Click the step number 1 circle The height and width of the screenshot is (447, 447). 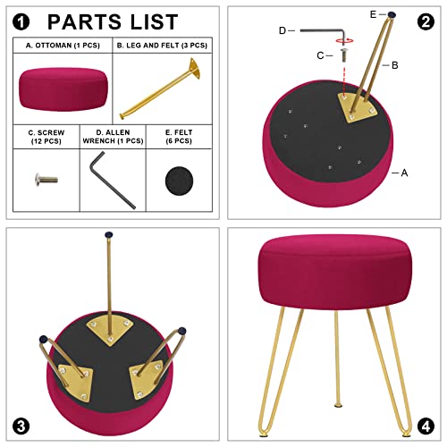coord(21,22)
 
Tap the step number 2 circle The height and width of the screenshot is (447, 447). coord(426,22)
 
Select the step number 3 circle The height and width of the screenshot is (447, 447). coord(21,426)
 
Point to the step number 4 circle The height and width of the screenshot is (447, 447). coord(426,426)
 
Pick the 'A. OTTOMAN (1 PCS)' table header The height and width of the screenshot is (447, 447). coord(63,46)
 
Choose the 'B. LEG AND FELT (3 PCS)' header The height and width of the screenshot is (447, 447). coord(162,46)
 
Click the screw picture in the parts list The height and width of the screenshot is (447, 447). coord(46,180)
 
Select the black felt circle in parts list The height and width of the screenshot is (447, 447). coord(179,181)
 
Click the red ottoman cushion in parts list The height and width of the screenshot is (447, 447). coord(63,89)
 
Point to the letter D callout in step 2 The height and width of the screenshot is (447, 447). coord(283,30)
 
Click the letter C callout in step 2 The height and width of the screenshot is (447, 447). coord(320,55)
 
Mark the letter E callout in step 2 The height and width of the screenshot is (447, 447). coord(373,14)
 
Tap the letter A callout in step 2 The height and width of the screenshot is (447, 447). coord(404,173)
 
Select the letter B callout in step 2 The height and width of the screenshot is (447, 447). coord(395,65)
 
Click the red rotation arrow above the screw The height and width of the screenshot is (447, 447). coord(344,40)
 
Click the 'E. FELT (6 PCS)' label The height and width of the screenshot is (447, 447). coord(179,137)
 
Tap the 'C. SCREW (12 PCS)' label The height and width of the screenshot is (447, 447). coord(46,137)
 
